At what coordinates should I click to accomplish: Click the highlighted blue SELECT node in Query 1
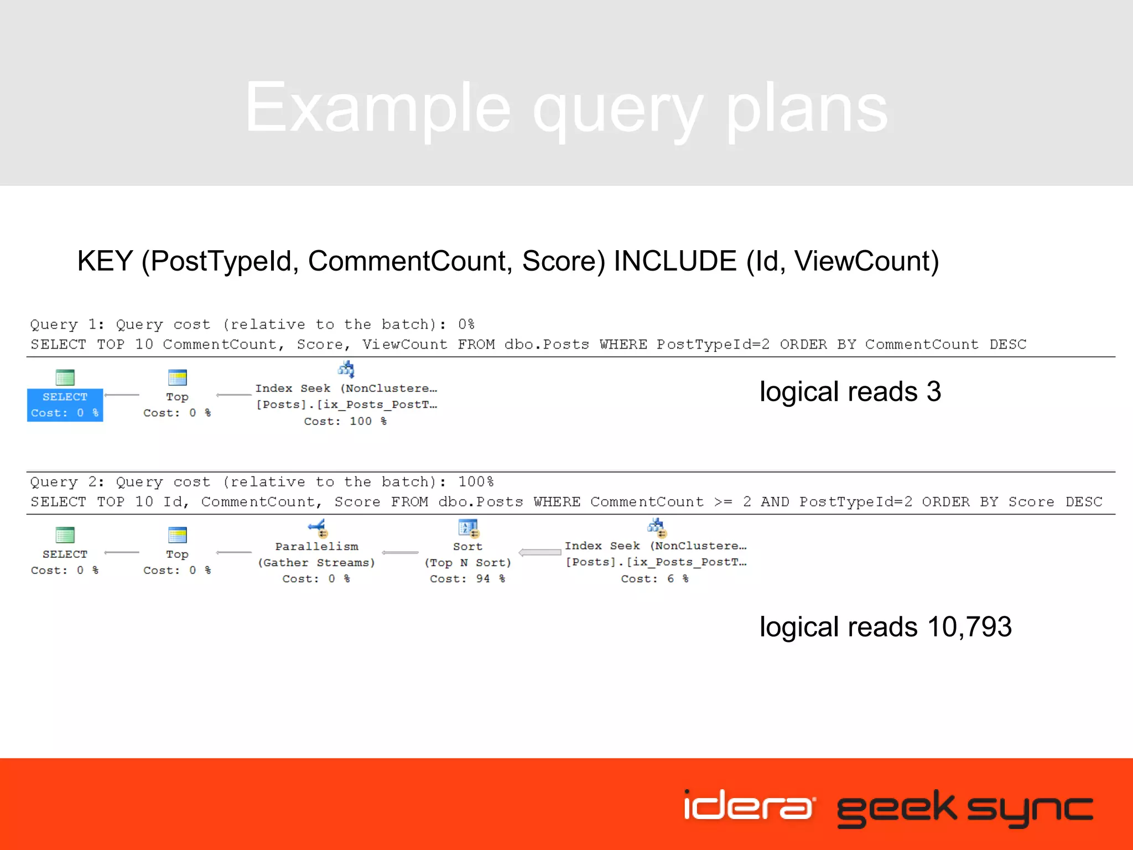tap(65, 405)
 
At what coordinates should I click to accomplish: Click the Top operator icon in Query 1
tap(177, 377)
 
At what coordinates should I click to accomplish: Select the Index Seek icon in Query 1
tap(346, 369)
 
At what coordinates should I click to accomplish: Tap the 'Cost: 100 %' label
tap(345, 421)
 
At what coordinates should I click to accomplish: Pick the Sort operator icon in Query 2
tap(468, 528)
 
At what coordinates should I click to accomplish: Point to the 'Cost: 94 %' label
tap(467, 578)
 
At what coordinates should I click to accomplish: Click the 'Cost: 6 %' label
tap(654, 578)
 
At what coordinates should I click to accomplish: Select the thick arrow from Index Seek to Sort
tap(540, 552)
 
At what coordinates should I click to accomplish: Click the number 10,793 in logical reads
tap(969, 627)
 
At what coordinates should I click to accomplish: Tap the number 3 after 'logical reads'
tap(934, 392)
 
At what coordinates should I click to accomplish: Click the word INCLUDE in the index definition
tap(675, 261)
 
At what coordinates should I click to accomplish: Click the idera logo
tap(749, 806)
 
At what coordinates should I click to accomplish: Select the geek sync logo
tap(965, 808)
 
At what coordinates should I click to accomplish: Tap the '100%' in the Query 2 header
tap(476, 481)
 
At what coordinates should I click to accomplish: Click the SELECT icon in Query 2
tap(65, 535)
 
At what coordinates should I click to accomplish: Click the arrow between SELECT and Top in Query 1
tap(122, 395)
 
